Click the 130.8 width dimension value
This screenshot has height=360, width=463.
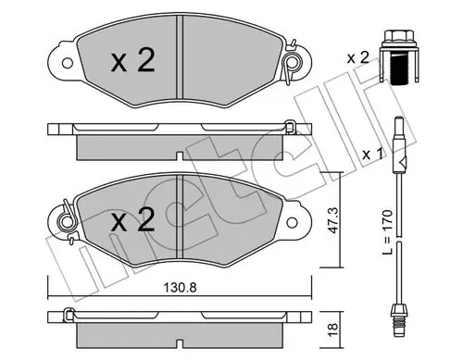click(180, 288)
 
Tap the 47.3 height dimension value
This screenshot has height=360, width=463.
click(332, 220)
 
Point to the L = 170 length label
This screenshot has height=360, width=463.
click(387, 232)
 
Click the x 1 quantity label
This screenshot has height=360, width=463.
click(372, 154)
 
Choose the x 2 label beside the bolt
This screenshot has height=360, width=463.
click(357, 57)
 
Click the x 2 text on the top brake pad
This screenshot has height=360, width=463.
click(133, 61)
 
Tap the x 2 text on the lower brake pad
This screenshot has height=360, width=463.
click(133, 219)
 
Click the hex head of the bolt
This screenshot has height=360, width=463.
click(399, 36)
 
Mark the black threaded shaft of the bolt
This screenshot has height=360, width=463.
click(399, 68)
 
